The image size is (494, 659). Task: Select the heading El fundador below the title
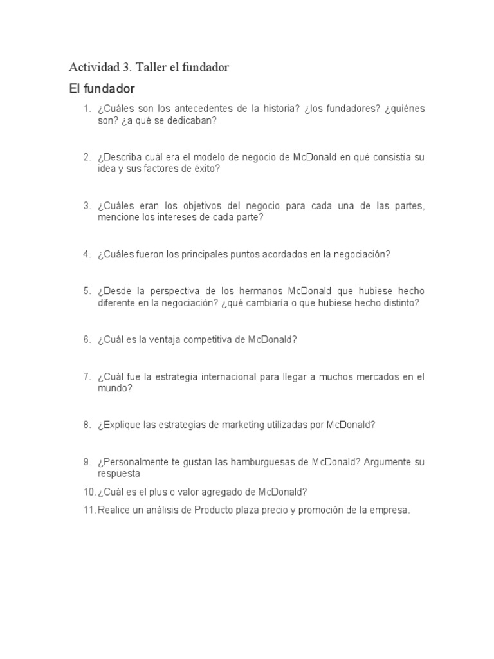click(x=102, y=88)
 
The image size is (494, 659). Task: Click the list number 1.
click(x=86, y=109)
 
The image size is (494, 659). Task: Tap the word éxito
click(x=205, y=169)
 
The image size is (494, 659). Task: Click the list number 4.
click(x=86, y=254)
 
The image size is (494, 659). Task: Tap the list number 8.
click(x=86, y=425)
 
